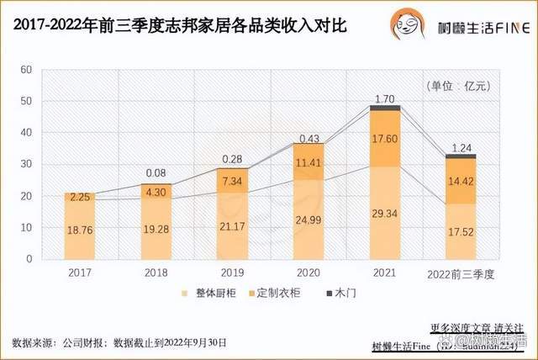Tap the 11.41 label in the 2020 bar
pyautogui.click(x=309, y=161)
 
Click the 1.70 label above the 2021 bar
pyautogui.click(x=385, y=98)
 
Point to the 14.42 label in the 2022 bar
pyautogui.click(x=462, y=181)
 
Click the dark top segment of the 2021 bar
pyautogui.click(x=385, y=108)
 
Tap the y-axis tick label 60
pyautogui.click(x=26, y=69)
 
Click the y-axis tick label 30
pyautogui.click(x=26, y=164)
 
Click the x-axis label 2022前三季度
pyautogui.click(x=462, y=273)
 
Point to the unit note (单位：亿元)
pyautogui.click(x=461, y=86)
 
